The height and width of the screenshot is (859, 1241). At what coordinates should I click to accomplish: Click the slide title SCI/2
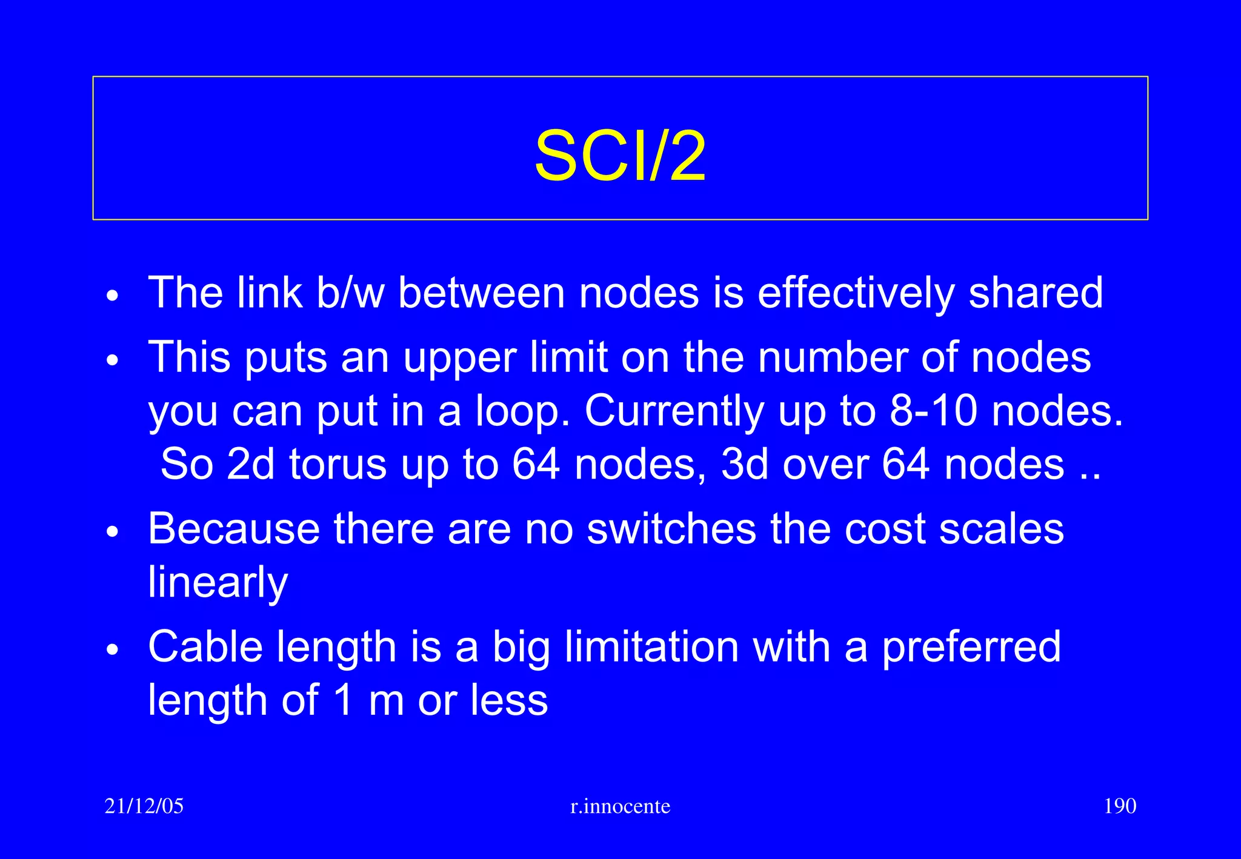click(x=620, y=156)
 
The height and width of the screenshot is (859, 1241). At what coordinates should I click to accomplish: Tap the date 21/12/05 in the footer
click(x=144, y=806)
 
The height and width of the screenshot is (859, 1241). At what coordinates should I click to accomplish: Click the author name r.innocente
click(x=620, y=806)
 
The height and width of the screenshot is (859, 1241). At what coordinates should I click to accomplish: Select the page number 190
click(x=1120, y=806)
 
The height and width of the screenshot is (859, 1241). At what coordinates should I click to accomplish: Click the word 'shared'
click(x=1036, y=293)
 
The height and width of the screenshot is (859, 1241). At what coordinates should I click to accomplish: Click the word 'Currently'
click(x=674, y=412)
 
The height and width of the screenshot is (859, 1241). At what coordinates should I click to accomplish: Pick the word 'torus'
click(x=338, y=465)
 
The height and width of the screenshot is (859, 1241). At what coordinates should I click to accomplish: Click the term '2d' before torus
click(x=250, y=465)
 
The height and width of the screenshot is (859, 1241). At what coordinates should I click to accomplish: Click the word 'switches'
click(x=671, y=529)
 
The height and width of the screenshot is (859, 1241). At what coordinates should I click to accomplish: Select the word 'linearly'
click(x=218, y=583)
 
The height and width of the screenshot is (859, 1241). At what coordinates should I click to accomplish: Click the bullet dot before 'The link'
click(x=113, y=297)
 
